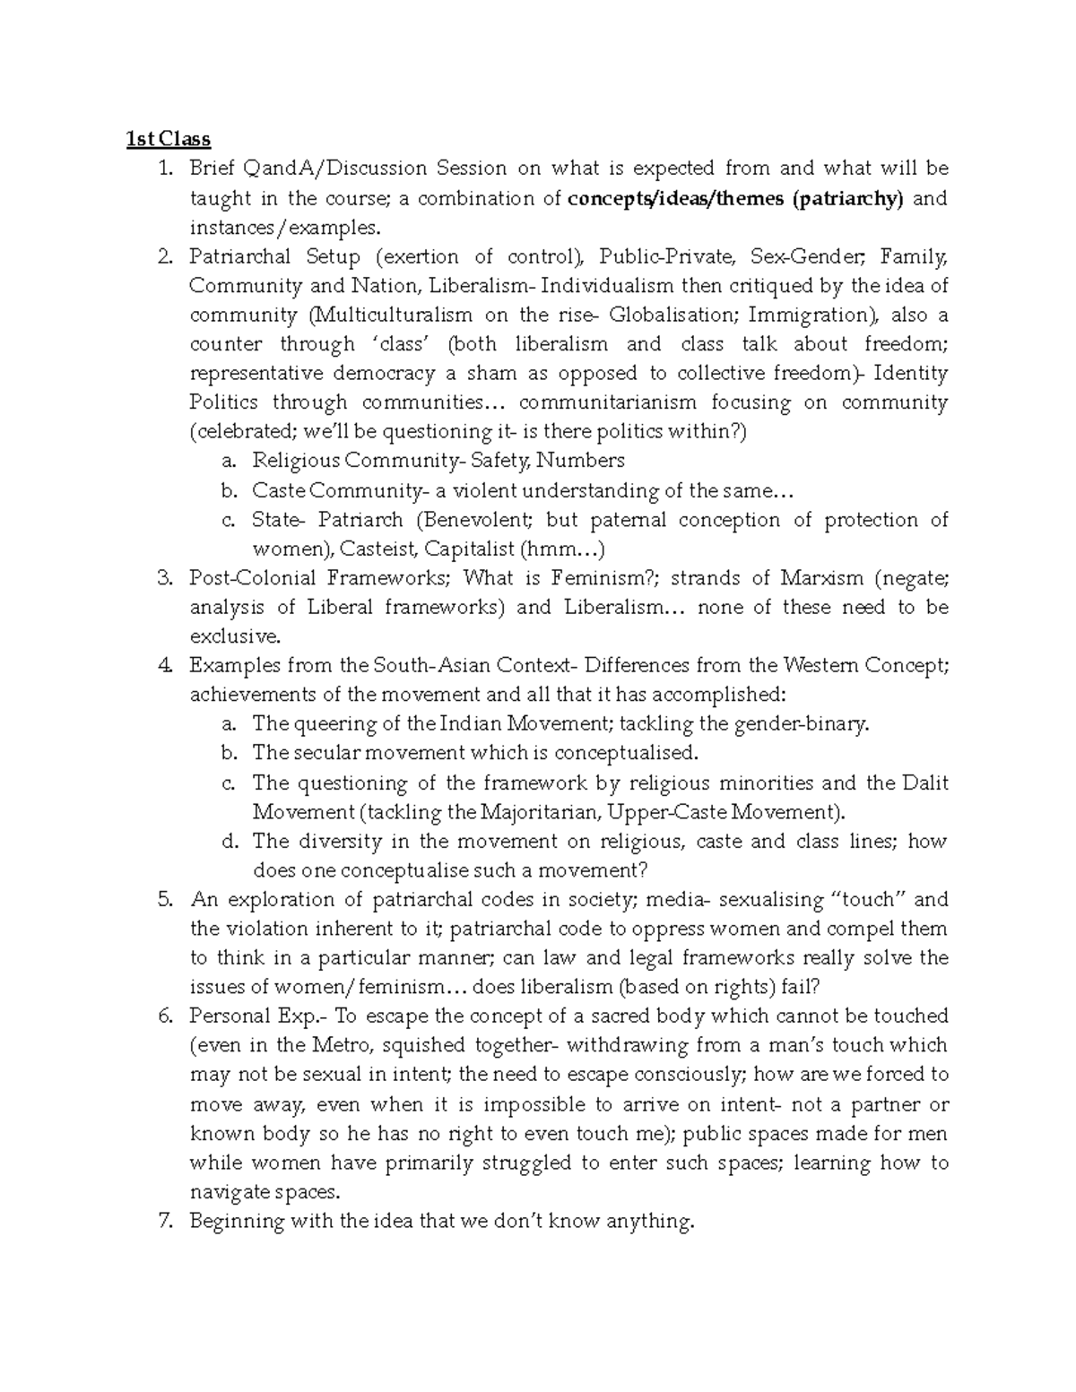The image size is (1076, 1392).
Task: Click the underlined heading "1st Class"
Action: pyautogui.click(x=168, y=139)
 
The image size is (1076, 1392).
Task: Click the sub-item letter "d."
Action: pyautogui.click(x=230, y=842)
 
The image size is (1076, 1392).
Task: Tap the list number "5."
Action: pyautogui.click(x=164, y=900)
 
